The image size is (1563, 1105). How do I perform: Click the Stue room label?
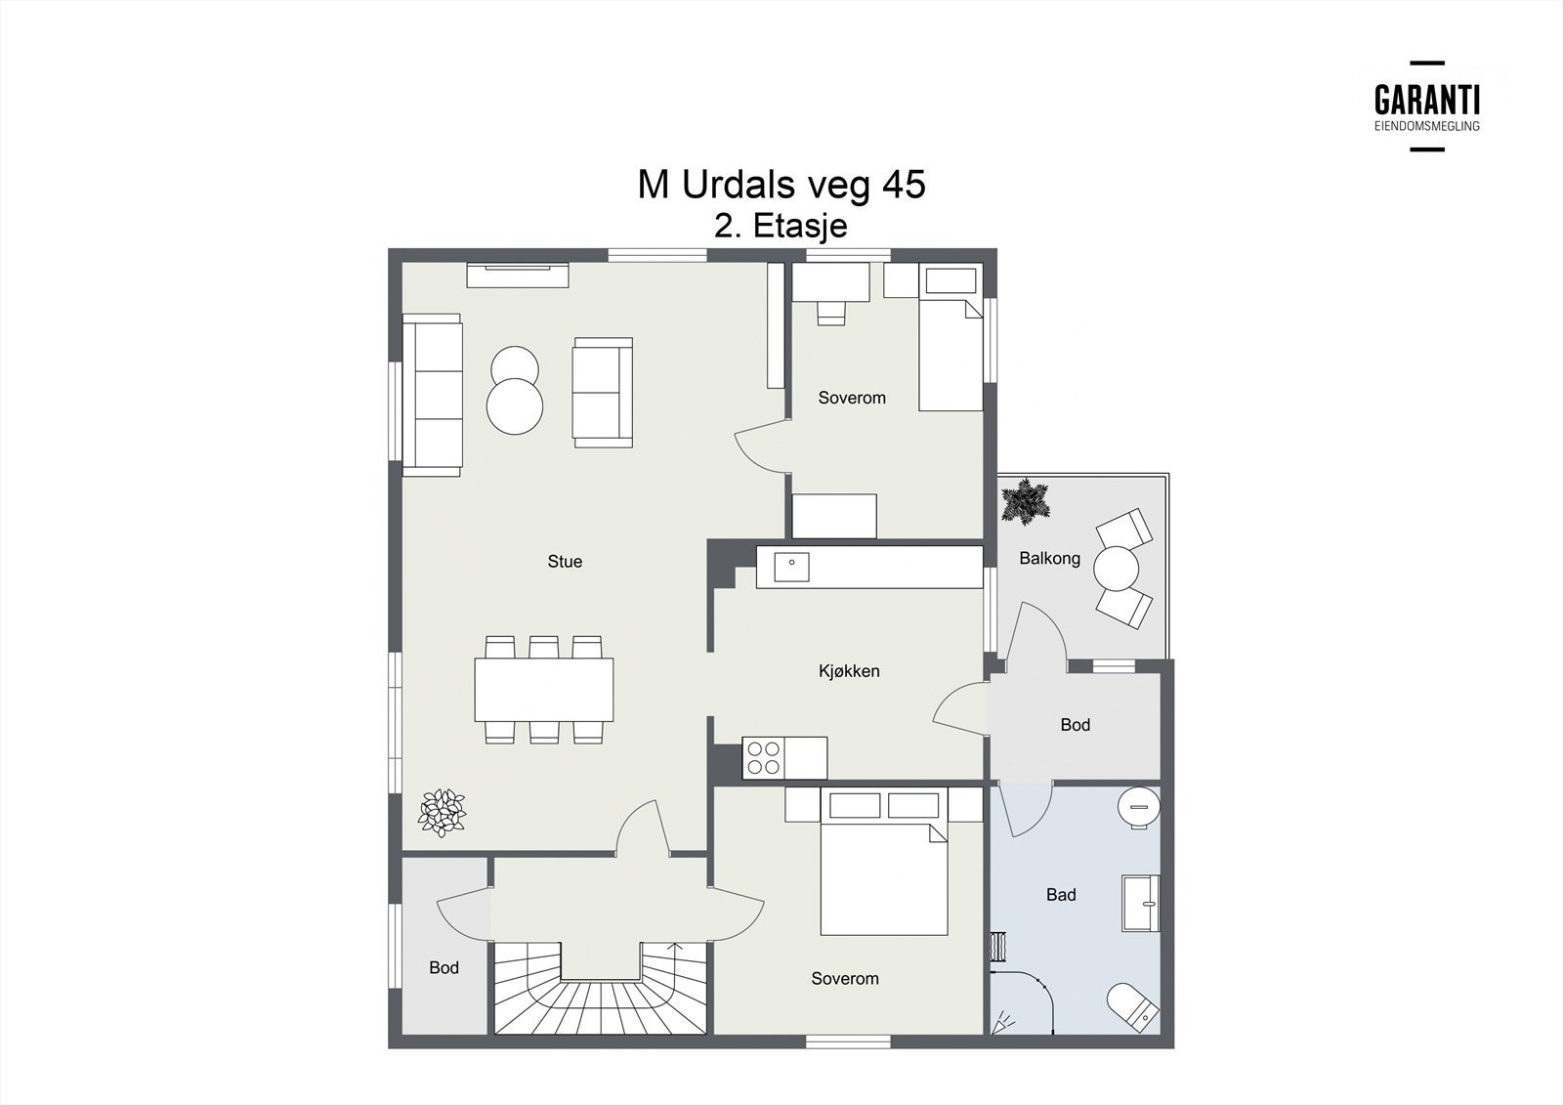click(x=565, y=562)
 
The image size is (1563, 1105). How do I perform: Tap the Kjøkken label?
click(x=849, y=671)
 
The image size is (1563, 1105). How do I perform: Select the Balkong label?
click(x=1049, y=559)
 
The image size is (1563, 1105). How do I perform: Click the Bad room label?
click(x=1061, y=895)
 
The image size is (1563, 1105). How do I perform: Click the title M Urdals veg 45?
click(x=781, y=185)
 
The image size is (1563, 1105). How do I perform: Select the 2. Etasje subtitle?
click(x=781, y=226)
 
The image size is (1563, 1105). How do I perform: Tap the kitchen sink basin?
click(x=792, y=567)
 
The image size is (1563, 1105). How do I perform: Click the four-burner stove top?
click(x=763, y=758)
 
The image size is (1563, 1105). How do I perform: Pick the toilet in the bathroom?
click(x=1133, y=1008)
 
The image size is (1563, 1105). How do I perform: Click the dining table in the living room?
click(x=544, y=689)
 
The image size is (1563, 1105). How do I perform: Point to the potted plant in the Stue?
click(x=442, y=813)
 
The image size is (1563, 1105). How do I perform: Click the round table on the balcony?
click(x=1116, y=568)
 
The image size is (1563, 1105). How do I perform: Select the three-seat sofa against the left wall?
click(x=433, y=395)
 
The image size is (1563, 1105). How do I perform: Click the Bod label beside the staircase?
click(x=444, y=968)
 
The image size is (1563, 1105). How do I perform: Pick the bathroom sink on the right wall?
click(x=1140, y=904)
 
